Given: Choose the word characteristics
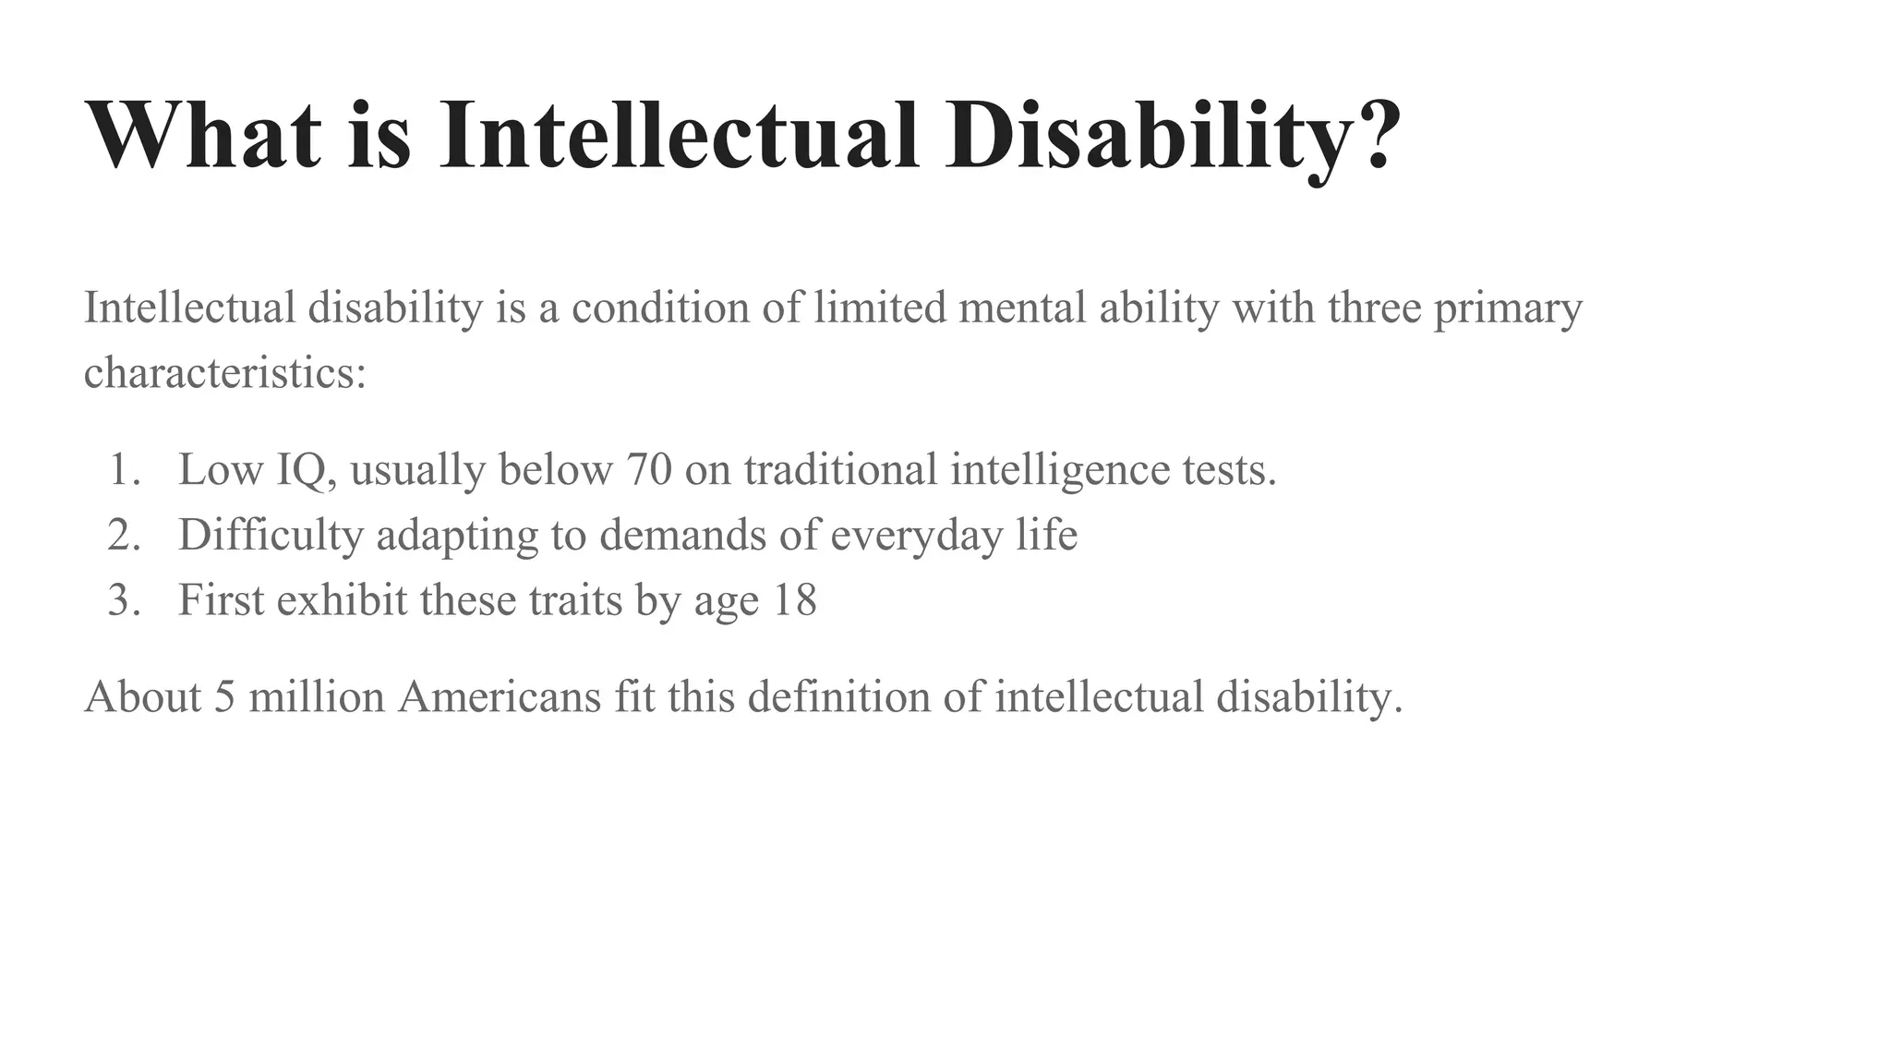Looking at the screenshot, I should pyautogui.click(x=224, y=373).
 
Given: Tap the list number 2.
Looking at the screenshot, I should pyautogui.click(x=123, y=535).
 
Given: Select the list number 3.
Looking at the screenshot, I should pyautogui.click(x=123, y=600).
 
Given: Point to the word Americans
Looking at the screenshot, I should pyautogui.click(x=500, y=696).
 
